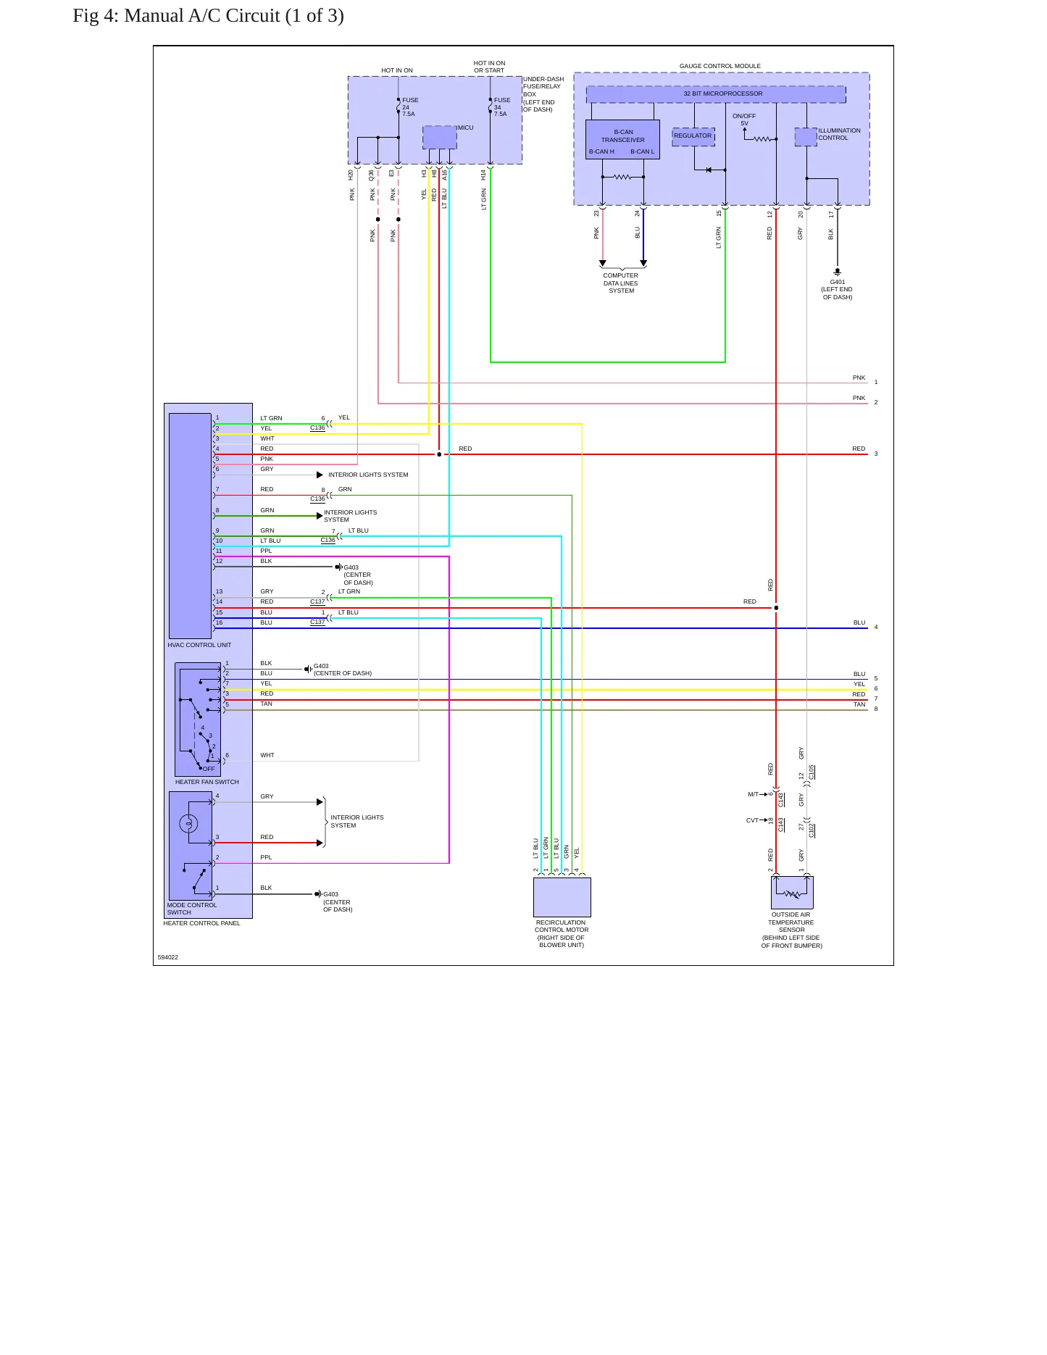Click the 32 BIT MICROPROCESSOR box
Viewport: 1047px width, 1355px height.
pos(716,94)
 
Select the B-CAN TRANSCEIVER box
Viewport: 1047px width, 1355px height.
pos(622,139)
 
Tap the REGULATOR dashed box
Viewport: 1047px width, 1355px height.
pos(693,137)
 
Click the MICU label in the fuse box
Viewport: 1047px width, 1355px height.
pos(465,128)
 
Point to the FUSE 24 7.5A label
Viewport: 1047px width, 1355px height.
pos(410,107)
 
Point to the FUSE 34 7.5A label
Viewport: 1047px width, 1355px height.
pos(502,107)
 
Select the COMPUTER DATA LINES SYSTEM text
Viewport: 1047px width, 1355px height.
pos(621,283)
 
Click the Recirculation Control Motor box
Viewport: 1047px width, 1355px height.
pos(562,897)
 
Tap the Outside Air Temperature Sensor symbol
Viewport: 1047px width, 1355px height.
pos(792,893)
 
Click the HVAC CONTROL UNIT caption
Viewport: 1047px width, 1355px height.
pos(199,645)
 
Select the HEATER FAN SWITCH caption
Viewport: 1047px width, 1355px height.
pos(207,782)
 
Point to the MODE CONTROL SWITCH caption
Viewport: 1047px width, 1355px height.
pos(192,909)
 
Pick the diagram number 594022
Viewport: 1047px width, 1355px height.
pos(168,957)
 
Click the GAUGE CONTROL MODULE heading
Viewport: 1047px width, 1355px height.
pos(720,66)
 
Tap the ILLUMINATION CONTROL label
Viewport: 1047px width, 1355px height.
pos(840,134)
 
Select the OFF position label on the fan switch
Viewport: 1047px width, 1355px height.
pos(209,769)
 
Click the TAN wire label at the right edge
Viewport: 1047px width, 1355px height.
pos(859,704)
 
